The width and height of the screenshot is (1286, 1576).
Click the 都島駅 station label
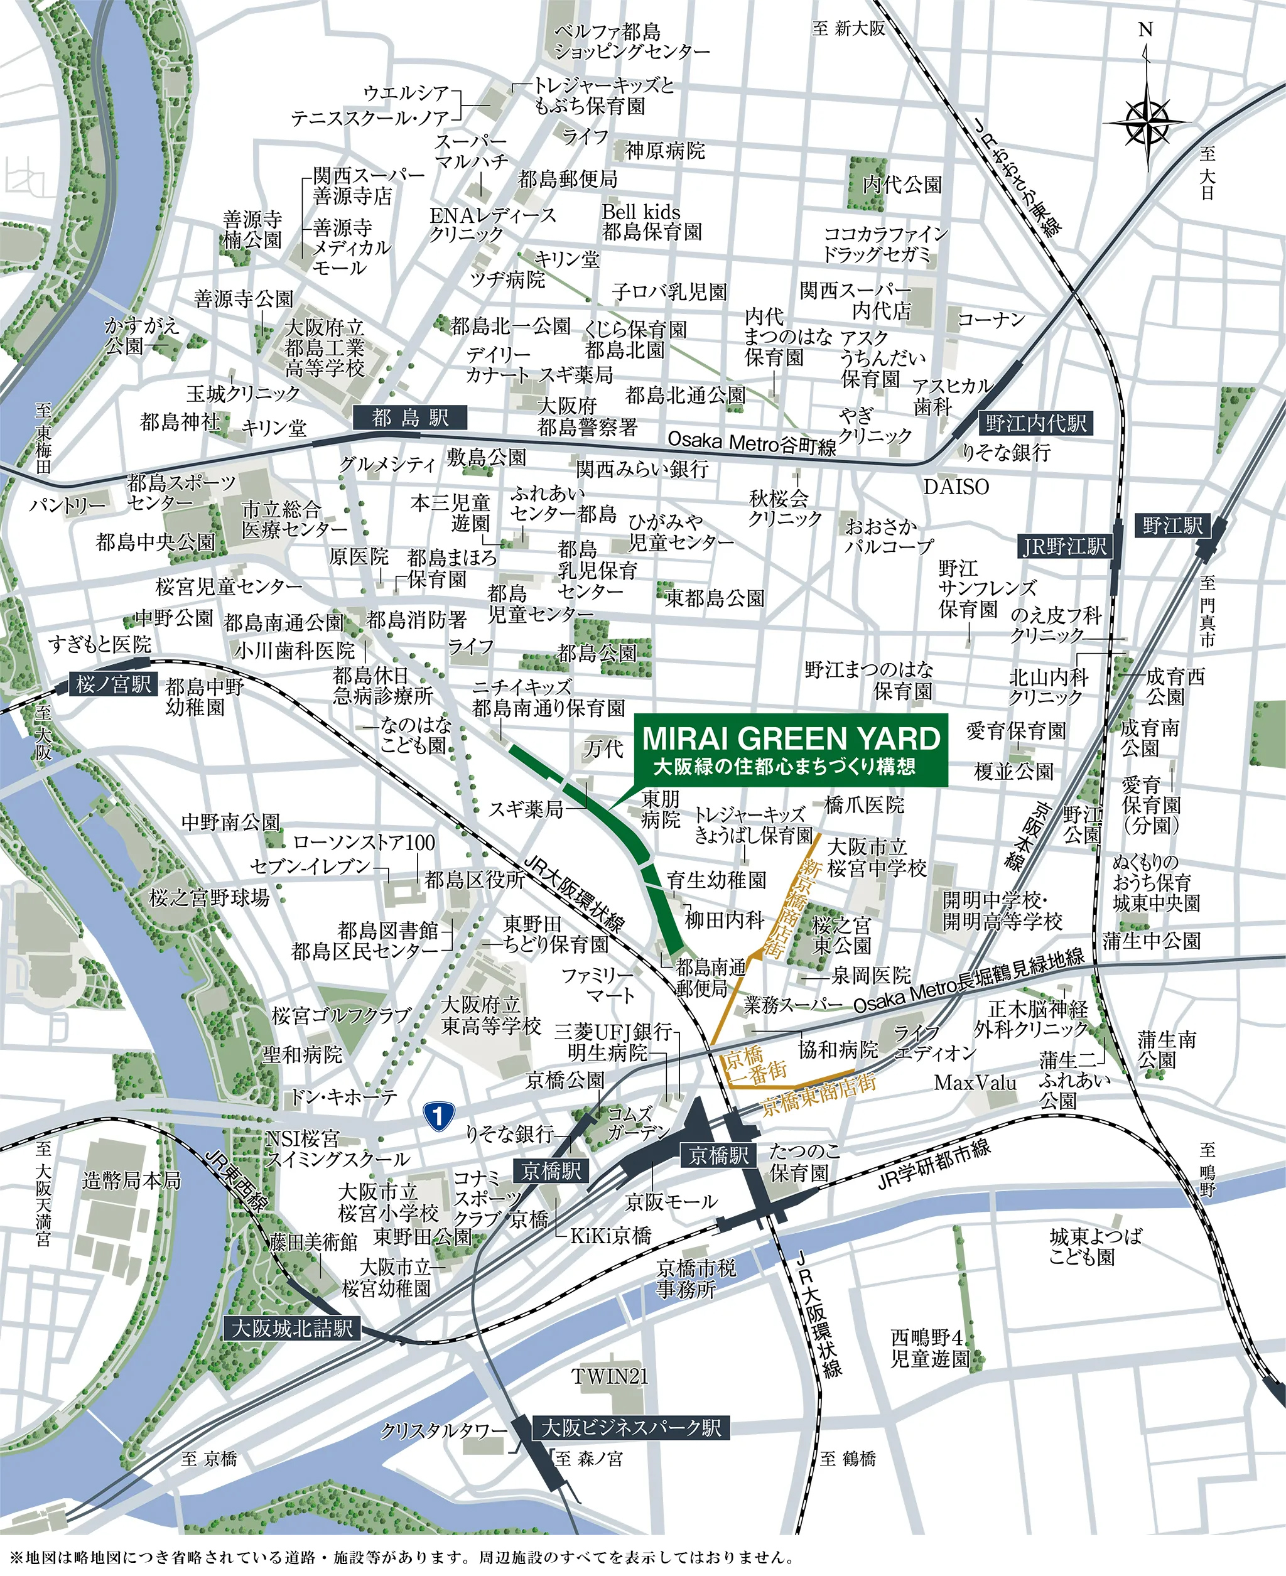coord(409,418)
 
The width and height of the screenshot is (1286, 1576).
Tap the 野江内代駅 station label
coord(1035,424)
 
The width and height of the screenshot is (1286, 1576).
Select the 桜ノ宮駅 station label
coord(113,684)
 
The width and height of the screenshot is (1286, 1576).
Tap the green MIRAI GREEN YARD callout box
coord(790,750)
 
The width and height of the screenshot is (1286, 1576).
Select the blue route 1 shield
coord(438,1115)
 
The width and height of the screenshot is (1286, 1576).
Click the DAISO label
coord(956,487)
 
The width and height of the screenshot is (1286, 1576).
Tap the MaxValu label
coord(975,1082)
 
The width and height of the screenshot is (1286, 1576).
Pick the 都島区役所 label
coord(475,879)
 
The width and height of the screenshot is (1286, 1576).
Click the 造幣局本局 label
coord(131,1180)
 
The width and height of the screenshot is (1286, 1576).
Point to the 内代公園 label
coord(902,184)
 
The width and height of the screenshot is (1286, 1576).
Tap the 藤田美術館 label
coord(313,1242)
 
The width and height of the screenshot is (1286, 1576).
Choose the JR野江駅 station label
coord(1064,546)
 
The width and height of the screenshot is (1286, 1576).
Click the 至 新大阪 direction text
coord(848,29)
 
